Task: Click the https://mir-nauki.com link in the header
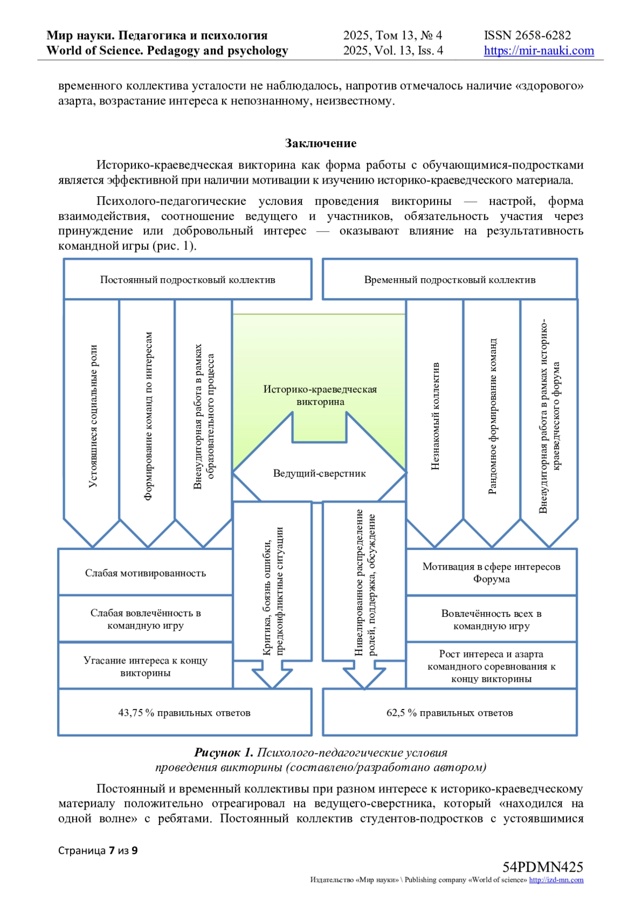(539, 51)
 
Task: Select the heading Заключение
(320, 143)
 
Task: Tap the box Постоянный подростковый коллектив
(188, 280)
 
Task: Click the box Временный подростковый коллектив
(449, 280)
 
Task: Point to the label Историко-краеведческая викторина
(320, 395)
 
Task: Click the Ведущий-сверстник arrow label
(319, 474)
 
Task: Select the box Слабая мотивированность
(146, 573)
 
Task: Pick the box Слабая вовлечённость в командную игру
(146, 619)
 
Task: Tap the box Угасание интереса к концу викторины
(146, 666)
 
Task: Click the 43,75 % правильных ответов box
(185, 713)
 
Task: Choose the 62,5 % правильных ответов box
(449, 713)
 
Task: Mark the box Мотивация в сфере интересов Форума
(491, 573)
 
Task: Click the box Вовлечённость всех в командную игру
(491, 620)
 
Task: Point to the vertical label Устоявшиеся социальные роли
(93, 416)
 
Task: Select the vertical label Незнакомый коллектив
(435, 416)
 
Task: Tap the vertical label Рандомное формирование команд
(493, 416)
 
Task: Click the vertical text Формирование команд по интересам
(149, 416)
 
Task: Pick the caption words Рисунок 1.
(224, 753)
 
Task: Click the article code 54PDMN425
(542, 867)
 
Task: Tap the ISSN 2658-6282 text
(527, 36)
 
